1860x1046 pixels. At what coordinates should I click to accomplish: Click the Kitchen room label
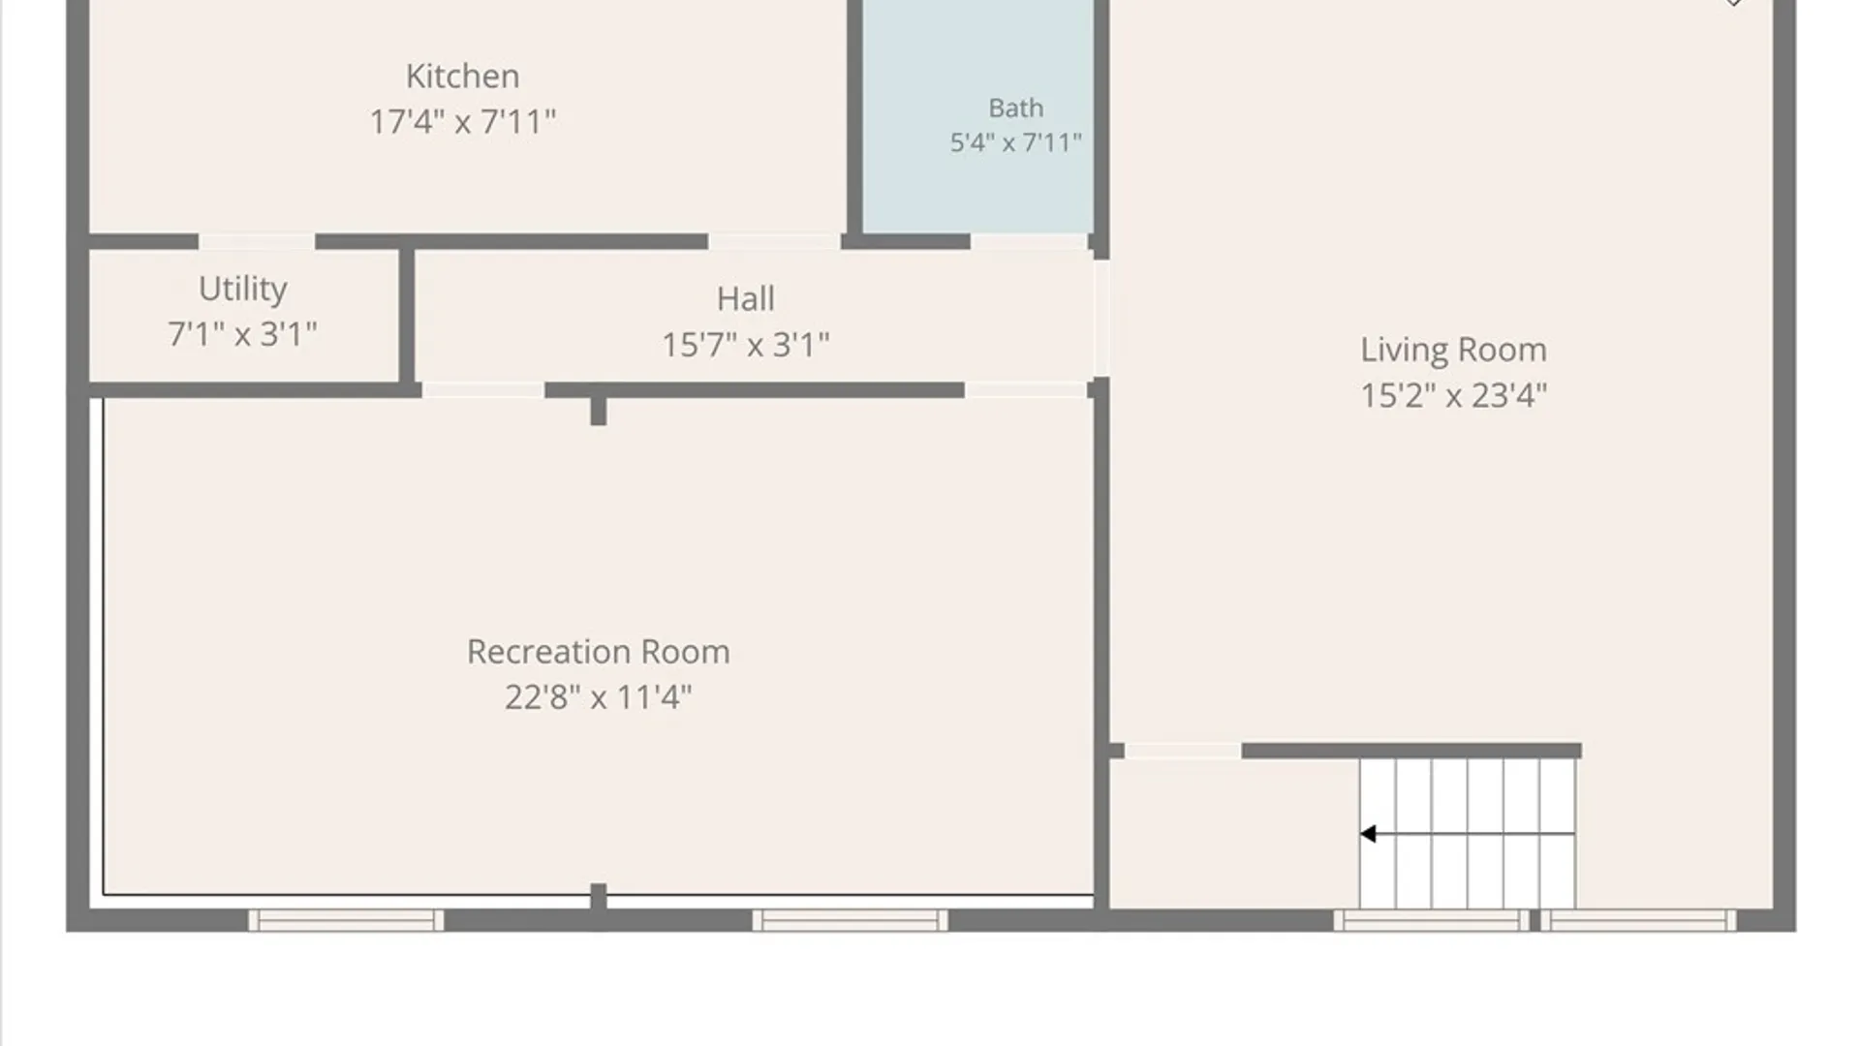pyautogui.click(x=462, y=76)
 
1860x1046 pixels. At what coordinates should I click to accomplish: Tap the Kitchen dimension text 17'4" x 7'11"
pyautogui.click(x=462, y=122)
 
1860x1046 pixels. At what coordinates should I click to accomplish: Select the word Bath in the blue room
pyautogui.click(x=1015, y=108)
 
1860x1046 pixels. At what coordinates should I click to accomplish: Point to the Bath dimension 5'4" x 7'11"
pyautogui.click(x=1015, y=142)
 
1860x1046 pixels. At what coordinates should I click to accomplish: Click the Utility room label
pyautogui.click(x=242, y=289)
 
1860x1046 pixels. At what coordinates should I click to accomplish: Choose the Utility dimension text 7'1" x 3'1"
pyautogui.click(x=242, y=335)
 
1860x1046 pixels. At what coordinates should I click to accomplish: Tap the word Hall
pyautogui.click(x=745, y=298)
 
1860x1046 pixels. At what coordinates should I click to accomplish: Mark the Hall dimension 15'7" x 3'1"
pyautogui.click(x=745, y=345)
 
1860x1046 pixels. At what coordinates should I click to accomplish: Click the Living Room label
pyautogui.click(x=1453, y=350)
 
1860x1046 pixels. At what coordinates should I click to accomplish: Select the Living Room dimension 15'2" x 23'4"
pyautogui.click(x=1453, y=395)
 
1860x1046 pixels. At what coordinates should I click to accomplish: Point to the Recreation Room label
pyautogui.click(x=598, y=652)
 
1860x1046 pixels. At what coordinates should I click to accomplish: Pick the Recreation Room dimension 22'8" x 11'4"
pyautogui.click(x=598, y=697)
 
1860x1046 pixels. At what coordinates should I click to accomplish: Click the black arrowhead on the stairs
pyautogui.click(x=1368, y=834)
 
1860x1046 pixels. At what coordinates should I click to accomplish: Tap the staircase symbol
pyautogui.click(x=1467, y=833)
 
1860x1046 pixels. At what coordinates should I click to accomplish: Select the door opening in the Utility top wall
pyautogui.click(x=257, y=241)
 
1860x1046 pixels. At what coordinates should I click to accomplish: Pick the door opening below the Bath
pyautogui.click(x=1029, y=241)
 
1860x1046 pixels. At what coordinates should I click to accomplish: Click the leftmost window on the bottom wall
pyautogui.click(x=346, y=920)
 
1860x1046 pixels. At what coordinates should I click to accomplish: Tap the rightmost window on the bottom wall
pyautogui.click(x=1638, y=920)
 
